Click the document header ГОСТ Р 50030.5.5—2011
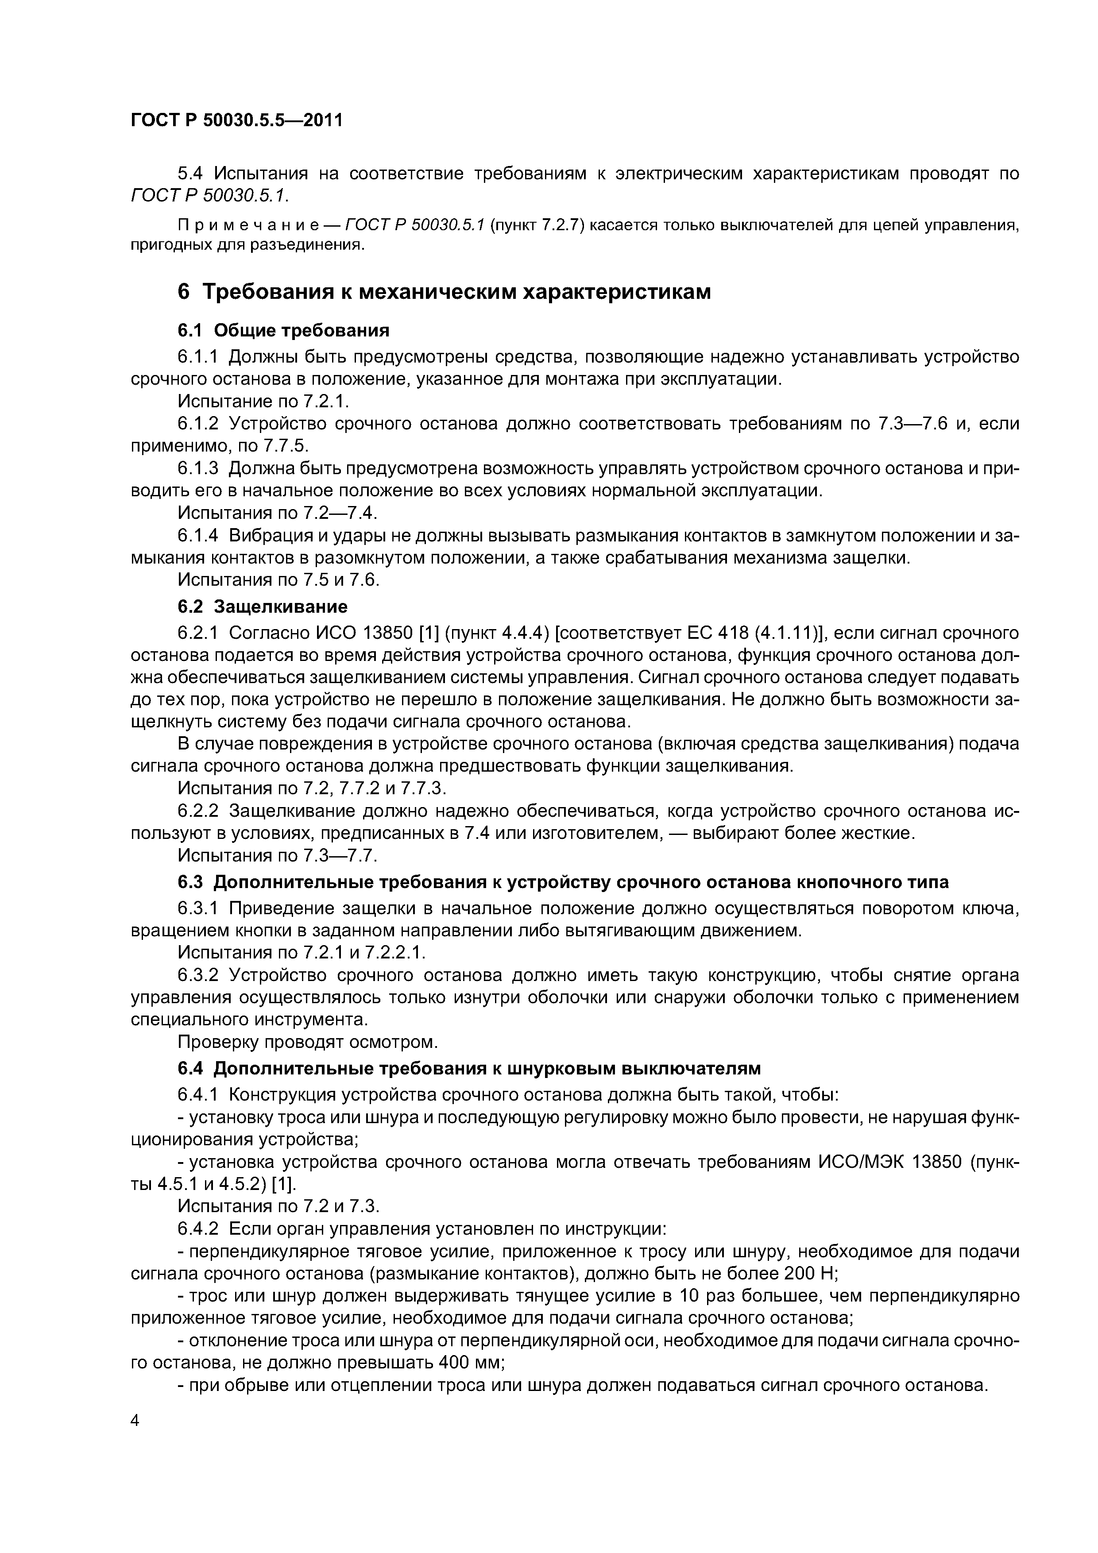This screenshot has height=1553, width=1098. coord(237,120)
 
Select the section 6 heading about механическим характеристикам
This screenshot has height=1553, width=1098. coord(444,292)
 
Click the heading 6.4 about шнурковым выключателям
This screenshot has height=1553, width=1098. coord(469,1068)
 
